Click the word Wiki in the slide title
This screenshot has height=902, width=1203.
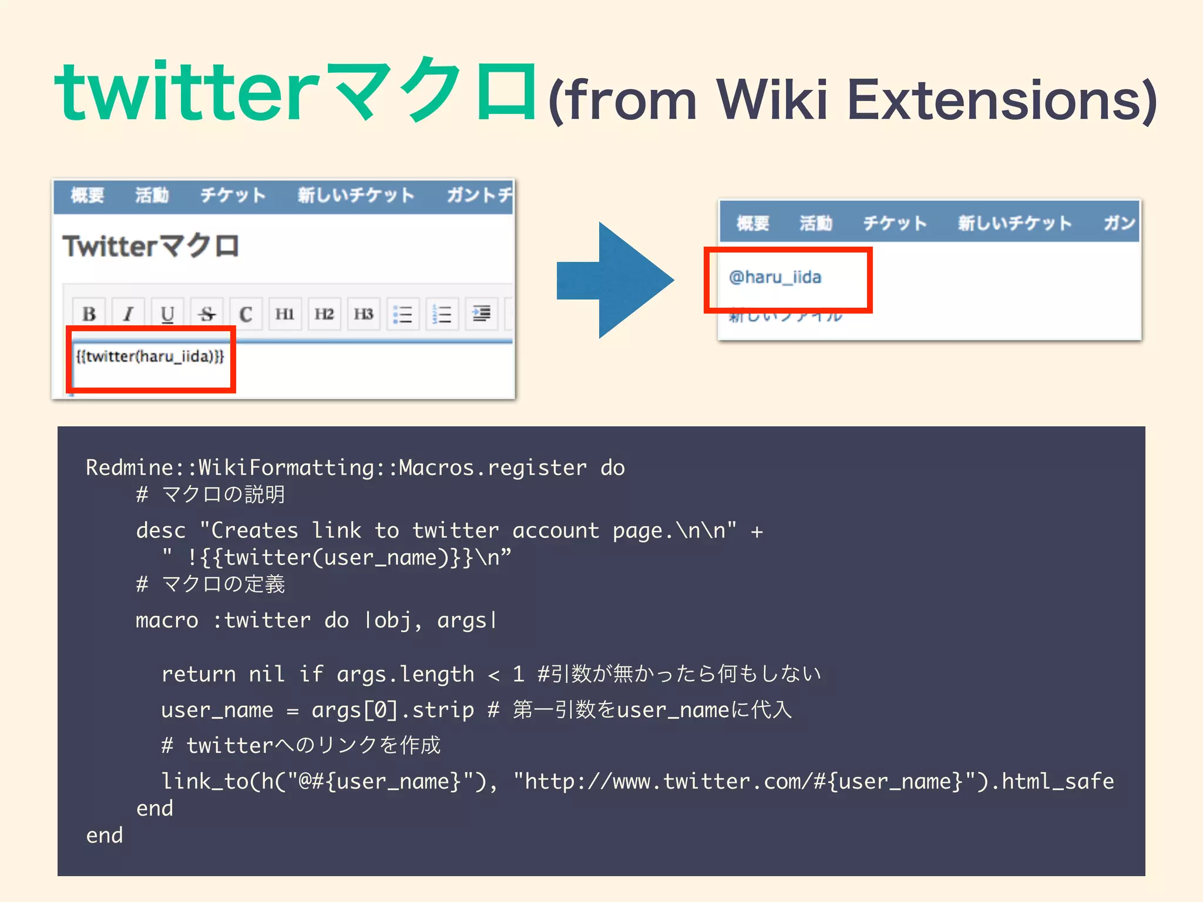[772, 100]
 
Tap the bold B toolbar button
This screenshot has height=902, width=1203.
[89, 314]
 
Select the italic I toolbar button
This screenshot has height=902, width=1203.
[128, 314]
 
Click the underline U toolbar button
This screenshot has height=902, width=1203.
[167, 314]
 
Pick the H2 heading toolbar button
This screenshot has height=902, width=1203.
[324, 314]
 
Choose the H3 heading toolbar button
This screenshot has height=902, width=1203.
[363, 314]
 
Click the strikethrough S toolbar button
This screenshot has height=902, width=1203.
[206, 314]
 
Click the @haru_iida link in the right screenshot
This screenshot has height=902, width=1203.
[775, 277]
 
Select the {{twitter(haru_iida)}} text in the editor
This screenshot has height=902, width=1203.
[150, 356]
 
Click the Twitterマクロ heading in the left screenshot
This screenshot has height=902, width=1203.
[151, 246]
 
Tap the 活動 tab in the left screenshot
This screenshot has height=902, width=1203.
[152, 195]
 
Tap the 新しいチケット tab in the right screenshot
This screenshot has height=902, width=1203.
[1014, 223]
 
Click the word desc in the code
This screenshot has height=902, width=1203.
[160, 531]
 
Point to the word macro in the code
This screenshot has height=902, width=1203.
[167, 621]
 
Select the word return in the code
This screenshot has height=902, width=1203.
[199, 674]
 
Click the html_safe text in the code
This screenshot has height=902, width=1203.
[1057, 782]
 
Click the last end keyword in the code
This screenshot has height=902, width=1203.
[105, 836]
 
